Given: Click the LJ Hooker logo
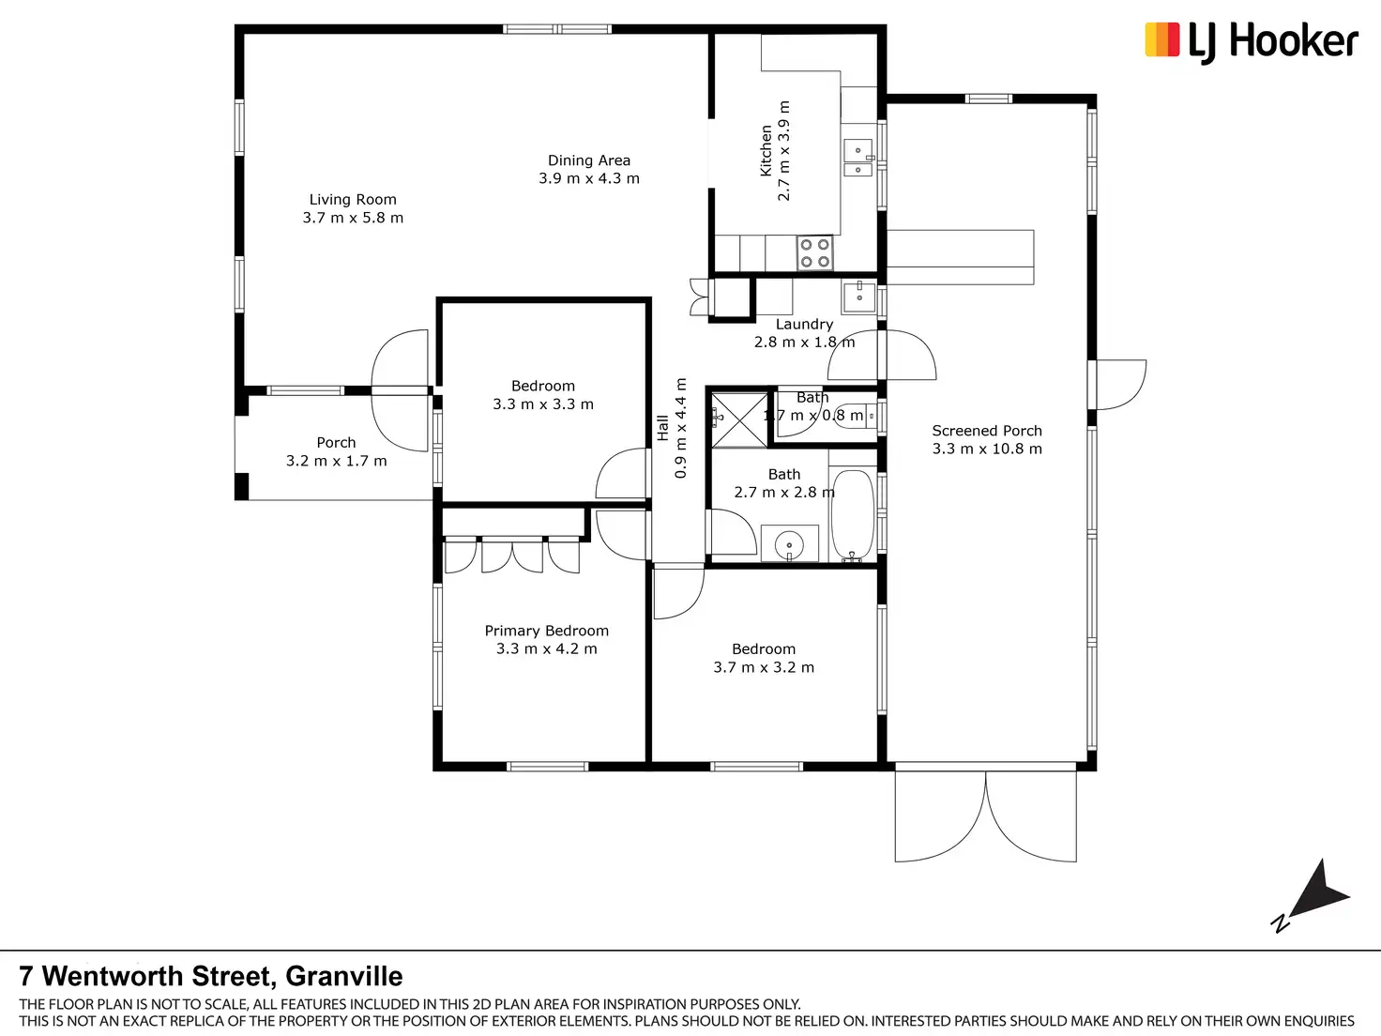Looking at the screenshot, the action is tap(1251, 42).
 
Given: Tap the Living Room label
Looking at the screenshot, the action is tap(353, 199).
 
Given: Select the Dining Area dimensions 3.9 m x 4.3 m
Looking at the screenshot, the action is tap(589, 178).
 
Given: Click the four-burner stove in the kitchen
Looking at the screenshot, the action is tap(814, 252).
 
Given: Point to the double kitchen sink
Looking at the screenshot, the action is tap(858, 158).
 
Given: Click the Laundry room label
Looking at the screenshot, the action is tap(804, 324).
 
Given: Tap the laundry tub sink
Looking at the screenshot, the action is tap(858, 297).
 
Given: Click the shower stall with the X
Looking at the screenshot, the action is tap(739, 420).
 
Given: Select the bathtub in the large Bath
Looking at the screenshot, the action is tap(853, 515).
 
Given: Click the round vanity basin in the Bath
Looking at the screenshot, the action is tap(789, 543).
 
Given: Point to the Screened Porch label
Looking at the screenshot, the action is tap(987, 431).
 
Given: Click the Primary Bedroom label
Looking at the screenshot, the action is tap(546, 631).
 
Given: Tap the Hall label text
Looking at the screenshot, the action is tap(661, 428).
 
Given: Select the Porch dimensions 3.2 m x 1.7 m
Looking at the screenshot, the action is tap(336, 461).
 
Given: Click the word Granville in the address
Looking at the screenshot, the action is tap(344, 976).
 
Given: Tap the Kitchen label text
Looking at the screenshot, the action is tap(766, 150).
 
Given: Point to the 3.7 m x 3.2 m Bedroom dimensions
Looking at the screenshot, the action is tap(763, 667).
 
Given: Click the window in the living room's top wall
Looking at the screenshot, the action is tap(556, 29).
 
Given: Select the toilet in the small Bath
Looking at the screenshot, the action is tap(856, 416).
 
